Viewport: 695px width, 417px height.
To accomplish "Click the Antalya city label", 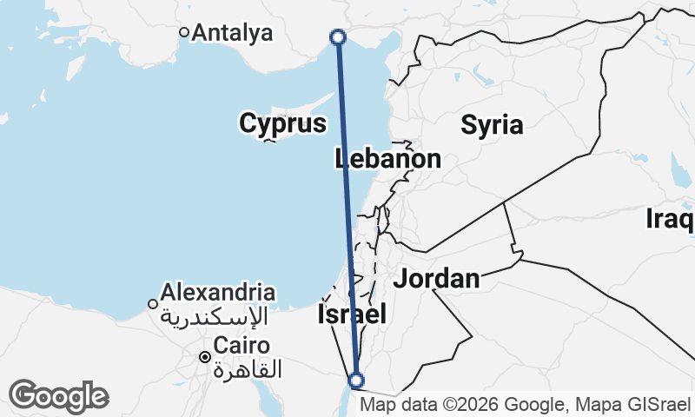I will (232, 33).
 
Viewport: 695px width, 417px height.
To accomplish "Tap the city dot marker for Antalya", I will (184, 32).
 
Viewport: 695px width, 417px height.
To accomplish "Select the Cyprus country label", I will (283, 124).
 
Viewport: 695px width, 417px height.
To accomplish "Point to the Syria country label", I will (493, 125).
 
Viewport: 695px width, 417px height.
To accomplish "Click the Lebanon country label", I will (388, 159).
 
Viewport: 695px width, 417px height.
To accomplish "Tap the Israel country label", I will (352, 314).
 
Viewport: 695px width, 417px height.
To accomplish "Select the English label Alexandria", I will (218, 292).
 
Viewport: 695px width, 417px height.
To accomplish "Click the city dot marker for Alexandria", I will (153, 304).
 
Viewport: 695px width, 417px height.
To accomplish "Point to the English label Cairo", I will (242, 345).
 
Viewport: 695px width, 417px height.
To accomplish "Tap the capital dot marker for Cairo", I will (205, 356).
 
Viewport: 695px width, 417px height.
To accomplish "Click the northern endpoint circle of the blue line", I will (338, 36).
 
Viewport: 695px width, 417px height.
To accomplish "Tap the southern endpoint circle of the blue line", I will (355, 380).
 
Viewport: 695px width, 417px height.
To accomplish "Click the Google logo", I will (58, 396).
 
